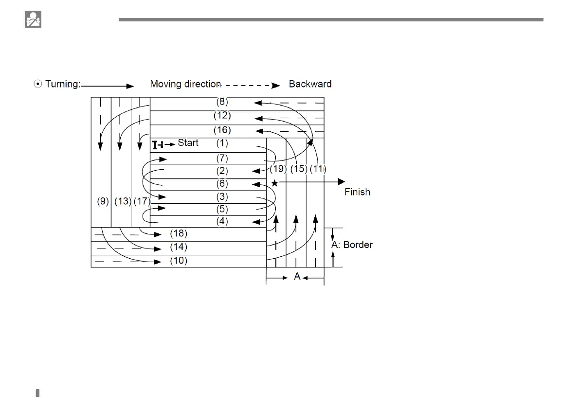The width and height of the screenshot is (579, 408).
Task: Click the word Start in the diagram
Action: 188,143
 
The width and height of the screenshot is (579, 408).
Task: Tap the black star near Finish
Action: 274,183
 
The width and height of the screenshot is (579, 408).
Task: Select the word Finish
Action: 357,192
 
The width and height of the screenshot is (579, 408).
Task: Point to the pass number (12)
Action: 222,116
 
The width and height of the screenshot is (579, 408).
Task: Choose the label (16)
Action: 222,130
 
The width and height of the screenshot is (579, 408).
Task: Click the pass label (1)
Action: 222,144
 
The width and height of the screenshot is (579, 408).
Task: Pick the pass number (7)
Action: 222,159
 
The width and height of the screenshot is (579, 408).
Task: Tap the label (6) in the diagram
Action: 222,184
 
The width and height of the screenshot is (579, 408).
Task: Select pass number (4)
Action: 222,221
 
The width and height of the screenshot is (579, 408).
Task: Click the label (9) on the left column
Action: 103,200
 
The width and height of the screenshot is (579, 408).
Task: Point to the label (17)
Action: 142,200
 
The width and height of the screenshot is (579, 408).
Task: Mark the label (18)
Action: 179,233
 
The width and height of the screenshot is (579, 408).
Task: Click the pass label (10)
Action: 179,261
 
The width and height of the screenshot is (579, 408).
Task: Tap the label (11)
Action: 318,169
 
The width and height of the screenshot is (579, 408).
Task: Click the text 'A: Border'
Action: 352,245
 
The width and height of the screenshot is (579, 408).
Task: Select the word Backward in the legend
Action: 310,84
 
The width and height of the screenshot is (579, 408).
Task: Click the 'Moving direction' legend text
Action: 185,84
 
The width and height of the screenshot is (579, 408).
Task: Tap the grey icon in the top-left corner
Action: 33,20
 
